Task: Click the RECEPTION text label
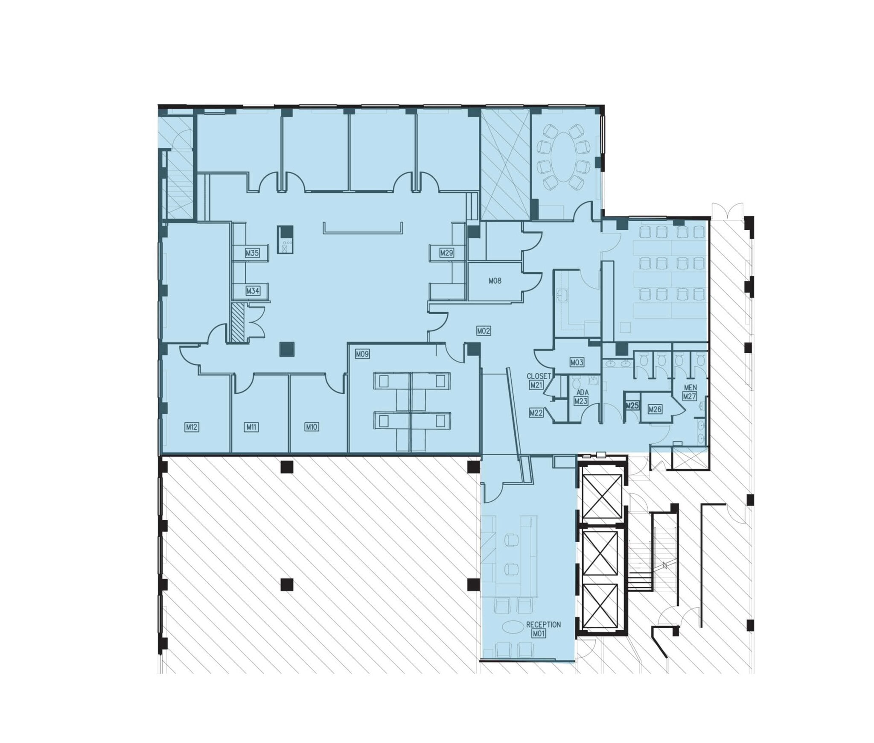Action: click(x=543, y=624)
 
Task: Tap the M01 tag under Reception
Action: click(x=539, y=634)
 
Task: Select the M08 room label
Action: click(x=495, y=281)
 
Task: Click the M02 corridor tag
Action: click(x=483, y=331)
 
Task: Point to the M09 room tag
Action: click(x=362, y=354)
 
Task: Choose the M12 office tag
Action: click(x=192, y=427)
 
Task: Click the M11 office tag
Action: click(x=251, y=427)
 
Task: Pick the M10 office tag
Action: click(x=312, y=427)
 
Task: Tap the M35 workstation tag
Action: click(x=252, y=253)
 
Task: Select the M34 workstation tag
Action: click(x=253, y=291)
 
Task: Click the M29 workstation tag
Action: click(x=446, y=253)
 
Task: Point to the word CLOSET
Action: click(x=539, y=377)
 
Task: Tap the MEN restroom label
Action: click(x=690, y=388)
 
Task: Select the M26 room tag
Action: click(x=655, y=409)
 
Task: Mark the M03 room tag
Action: click(x=577, y=363)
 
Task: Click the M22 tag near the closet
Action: click(x=536, y=412)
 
